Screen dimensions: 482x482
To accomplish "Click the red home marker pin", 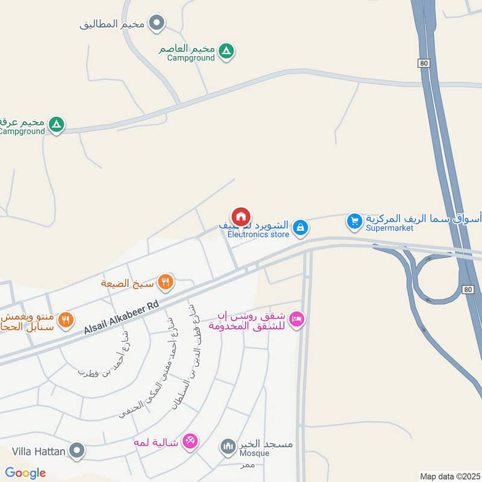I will [240, 217].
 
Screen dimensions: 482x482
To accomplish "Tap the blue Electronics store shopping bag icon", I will [299, 228].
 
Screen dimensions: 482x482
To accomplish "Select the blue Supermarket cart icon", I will [354, 222].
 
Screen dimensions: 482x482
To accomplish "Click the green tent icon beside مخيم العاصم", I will [226, 50].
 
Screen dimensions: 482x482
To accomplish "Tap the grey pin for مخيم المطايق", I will [157, 24].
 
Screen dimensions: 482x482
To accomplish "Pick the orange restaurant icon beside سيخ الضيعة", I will [166, 281].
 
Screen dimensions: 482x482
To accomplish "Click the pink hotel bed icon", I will [296, 319].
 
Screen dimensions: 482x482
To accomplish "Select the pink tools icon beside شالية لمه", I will [190, 442].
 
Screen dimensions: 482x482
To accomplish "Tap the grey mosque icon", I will [228, 446].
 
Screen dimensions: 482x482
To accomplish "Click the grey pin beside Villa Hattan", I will [77, 450].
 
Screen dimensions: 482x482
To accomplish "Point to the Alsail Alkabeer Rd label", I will [121, 316].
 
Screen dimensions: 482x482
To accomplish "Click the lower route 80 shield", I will [469, 290].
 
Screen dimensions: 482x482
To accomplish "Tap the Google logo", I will [25, 473].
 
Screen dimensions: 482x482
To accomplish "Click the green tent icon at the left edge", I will [56, 125].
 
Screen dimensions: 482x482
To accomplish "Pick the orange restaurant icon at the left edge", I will [66, 320].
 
